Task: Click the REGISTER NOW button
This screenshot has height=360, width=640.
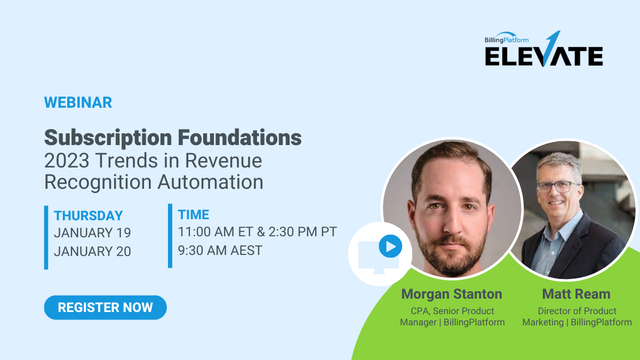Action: pyautogui.click(x=105, y=307)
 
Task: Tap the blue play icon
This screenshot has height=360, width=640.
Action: pyautogui.click(x=390, y=246)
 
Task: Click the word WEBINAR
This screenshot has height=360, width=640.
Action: pyautogui.click(x=78, y=102)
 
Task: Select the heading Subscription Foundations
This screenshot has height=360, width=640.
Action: pyautogui.click(x=172, y=138)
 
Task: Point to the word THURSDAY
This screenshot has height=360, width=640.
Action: pyautogui.click(x=88, y=215)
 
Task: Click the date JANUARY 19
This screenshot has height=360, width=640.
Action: pyautogui.click(x=92, y=233)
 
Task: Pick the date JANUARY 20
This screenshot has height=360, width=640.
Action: pyautogui.click(x=92, y=251)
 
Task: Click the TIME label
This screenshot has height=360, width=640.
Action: pyautogui.click(x=194, y=214)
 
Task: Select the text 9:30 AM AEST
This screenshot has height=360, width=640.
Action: pyautogui.click(x=220, y=250)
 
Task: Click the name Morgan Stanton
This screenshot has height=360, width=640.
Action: pyautogui.click(x=452, y=294)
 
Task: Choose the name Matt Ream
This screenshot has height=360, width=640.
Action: pyautogui.click(x=576, y=294)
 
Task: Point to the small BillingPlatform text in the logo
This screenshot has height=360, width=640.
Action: pyautogui.click(x=506, y=39)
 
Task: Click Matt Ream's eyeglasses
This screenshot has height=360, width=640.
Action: pyautogui.click(x=558, y=186)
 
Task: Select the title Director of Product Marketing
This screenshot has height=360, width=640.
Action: pyautogui.click(x=577, y=316)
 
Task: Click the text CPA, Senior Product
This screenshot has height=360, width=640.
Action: pyautogui.click(x=452, y=310)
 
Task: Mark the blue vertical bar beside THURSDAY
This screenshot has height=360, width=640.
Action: pyautogui.click(x=46, y=237)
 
